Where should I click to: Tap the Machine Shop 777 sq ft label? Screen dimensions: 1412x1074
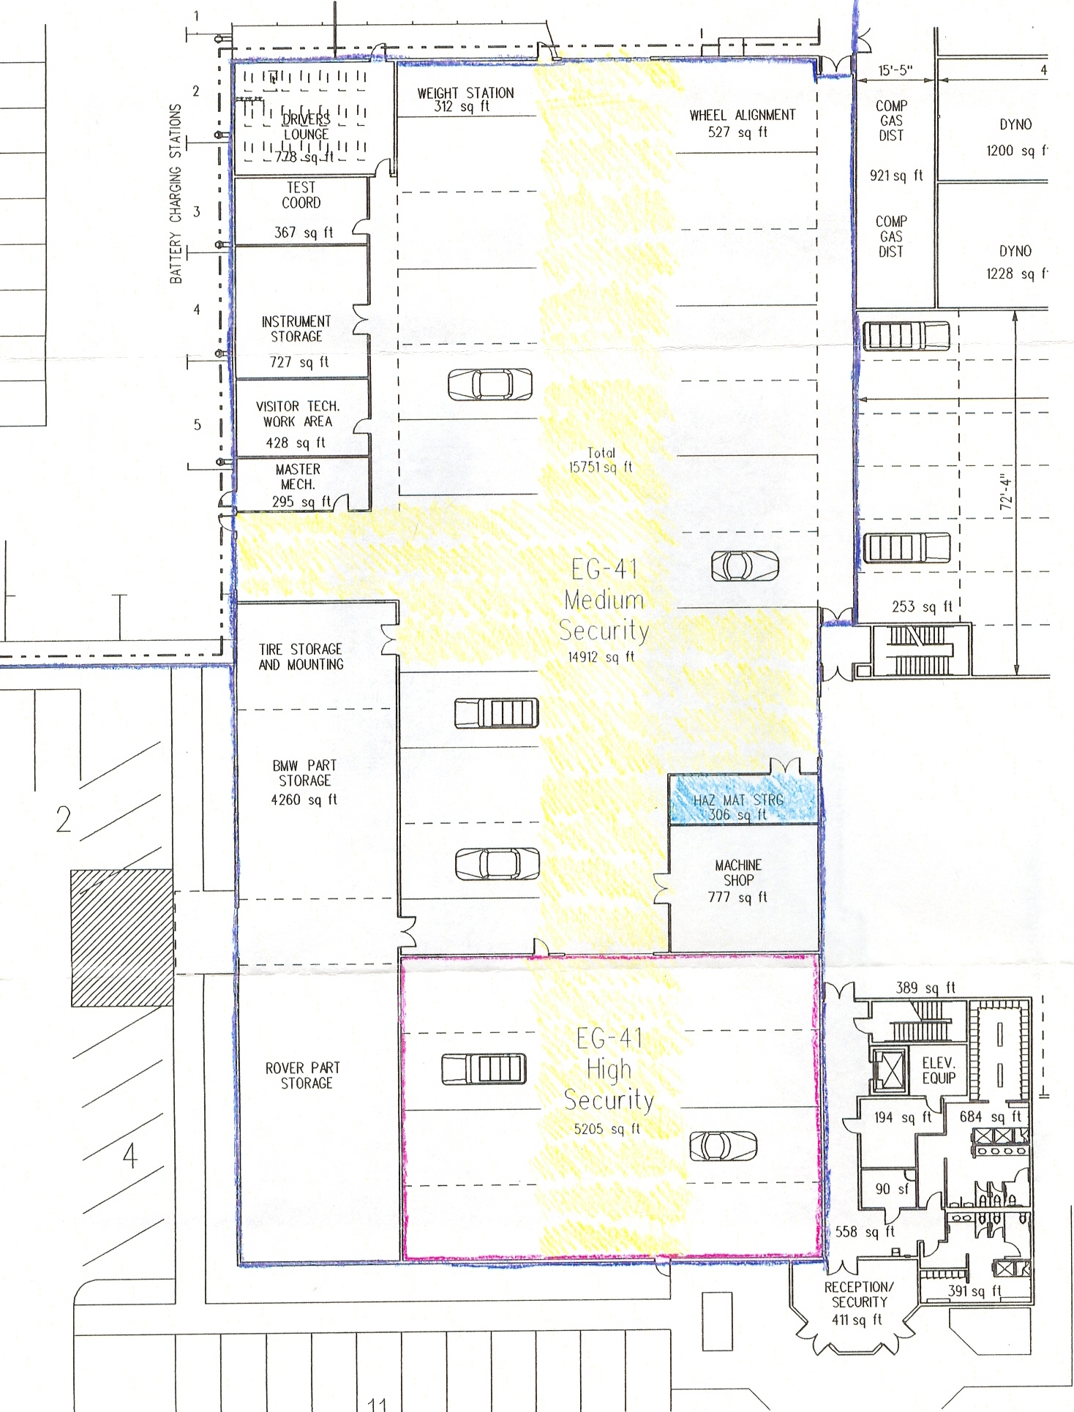pyautogui.click(x=737, y=881)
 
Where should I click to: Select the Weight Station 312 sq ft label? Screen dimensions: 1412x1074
pyautogui.click(x=465, y=99)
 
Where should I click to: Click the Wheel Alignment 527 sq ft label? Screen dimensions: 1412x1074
pyautogui.click(x=741, y=123)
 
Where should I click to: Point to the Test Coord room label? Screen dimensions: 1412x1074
pyautogui.click(x=301, y=196)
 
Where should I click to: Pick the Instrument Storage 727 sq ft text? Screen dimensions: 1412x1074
pyautogui.click(x=296, y=340)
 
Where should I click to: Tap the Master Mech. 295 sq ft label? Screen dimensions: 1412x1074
pyautogui.click(x=299, y=484)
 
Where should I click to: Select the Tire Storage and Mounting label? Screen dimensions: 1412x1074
pyautogui.click(x=301, y=656)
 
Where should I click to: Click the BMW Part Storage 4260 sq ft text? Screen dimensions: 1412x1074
pyautogui.click(x=304, y=781)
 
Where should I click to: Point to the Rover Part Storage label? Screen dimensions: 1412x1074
pyautogui.click(x=303, y=1075)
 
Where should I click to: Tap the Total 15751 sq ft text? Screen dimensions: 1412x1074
pyautogui.click(x=601, y=460)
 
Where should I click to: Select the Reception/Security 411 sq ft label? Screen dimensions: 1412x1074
pyautogui.click(x=858, y=1303)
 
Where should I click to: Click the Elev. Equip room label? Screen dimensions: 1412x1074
pyautogui.click(x=939, y=1070)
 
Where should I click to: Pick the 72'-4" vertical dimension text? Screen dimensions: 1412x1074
pyautogui.click(x=1006, y=492)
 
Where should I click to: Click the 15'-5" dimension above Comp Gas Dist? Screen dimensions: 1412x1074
pyautogui.click(x=895, y=71)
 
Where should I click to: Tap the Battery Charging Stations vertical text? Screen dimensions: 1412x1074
pyautogui.click(x=176, y=194)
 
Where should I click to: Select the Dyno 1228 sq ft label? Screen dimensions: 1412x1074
pyautogui.click(x=1015, y=262)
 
